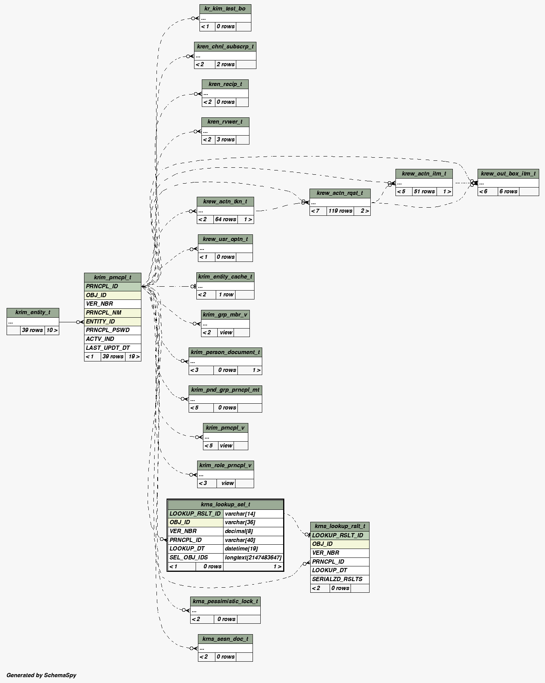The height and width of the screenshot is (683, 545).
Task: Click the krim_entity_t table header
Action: click(x=33, y=313)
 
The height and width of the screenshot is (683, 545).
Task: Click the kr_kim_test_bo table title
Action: click(x=225, y=9)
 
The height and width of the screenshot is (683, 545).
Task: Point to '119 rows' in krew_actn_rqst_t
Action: click(x=340, y=211)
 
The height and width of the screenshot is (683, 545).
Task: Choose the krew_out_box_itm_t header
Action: click(x=508, y=174)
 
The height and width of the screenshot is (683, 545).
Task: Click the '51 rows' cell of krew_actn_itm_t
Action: click(x=424, y=192)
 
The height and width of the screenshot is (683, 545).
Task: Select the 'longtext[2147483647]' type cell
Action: click(x=253, y=557)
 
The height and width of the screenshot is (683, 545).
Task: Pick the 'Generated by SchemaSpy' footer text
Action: click(x=41, y=675)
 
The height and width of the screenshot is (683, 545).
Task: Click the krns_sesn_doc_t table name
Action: click(x=225, y=639)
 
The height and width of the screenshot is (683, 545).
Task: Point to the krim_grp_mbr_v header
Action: click(x=225, y=315)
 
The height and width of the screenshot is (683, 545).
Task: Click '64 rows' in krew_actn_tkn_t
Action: click(x=225, y=220)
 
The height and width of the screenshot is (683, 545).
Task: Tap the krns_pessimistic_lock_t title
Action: click(x=225, y=601)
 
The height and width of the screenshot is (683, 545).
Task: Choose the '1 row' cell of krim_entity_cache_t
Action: click(x=225, y=295)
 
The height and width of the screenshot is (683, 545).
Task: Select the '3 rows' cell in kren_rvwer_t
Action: click(x=225, y=140)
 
